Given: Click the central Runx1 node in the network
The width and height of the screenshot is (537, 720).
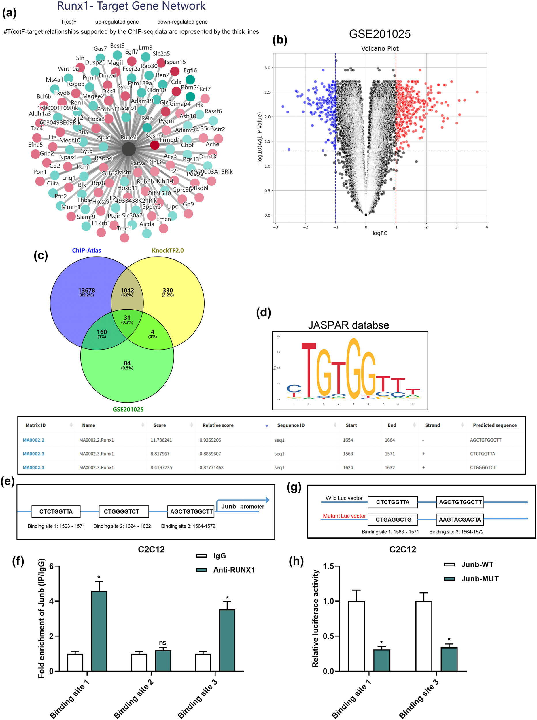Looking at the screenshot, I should [129, 149].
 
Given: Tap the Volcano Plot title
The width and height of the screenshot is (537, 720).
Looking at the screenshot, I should [379, 48].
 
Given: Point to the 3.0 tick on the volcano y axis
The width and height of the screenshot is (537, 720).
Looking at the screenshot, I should [267, 68].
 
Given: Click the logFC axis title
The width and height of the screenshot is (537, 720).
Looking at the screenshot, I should [379, 233].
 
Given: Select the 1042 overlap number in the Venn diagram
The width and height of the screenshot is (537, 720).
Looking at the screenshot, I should [127, 291].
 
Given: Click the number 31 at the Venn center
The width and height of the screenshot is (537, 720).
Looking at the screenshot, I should [127, 318].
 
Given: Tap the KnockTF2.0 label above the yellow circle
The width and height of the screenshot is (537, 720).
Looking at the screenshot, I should [167, 251].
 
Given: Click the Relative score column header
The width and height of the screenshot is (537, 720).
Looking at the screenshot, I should [218, 425].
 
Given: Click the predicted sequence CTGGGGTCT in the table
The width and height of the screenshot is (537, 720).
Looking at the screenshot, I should [483, 467].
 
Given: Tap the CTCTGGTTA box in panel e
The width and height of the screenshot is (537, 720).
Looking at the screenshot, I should [56, 511].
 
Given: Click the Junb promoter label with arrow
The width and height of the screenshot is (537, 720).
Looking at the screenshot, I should [243, 506].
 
